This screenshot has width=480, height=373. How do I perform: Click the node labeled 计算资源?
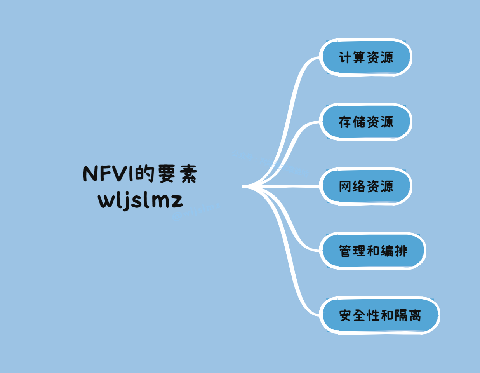click(x=365, y=58)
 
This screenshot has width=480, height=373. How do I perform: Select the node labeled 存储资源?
click(x=365, y=122)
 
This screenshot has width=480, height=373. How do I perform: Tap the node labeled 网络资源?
click(x=365, y=186)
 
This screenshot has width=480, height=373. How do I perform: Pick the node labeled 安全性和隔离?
click(x=380, y=315)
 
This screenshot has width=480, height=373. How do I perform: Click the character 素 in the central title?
click(x=188, y=174)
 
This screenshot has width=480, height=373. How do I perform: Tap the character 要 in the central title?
click(x=166, y=174)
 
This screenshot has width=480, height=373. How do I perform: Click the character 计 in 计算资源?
click(x=345, y=58)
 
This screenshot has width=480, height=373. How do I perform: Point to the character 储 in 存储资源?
click(x=359, y=122)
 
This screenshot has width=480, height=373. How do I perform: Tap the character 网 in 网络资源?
click(x=345, y=186)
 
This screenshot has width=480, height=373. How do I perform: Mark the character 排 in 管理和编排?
click(x=401, y=251)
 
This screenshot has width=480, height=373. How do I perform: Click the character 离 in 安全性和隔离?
click(x=414, y=315)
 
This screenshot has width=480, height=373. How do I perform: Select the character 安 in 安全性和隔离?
click(x=345, y=315)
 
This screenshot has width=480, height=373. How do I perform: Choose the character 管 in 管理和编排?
click(x=345, y=251)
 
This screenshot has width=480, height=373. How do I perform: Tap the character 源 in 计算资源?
click(x=387, y=58)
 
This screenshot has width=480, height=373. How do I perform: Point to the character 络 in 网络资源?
click(x=359, y=186)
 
